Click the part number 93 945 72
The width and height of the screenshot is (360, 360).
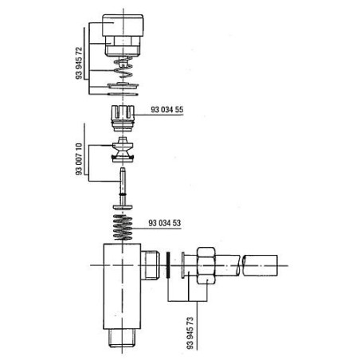click(x=79, y=63)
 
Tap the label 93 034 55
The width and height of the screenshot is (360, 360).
click(x=167, y=110)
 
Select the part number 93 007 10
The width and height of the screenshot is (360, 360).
click(x=79, y=159)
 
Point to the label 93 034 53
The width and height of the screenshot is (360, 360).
click(x=165, y=223)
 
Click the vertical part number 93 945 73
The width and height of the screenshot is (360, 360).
click(x=190, y=333)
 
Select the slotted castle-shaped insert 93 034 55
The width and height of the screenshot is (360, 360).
click(x=123, y=119)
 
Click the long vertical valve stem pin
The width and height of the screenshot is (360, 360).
click(x=123, y=186)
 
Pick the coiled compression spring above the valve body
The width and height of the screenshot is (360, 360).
click(x=123, y=227)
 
